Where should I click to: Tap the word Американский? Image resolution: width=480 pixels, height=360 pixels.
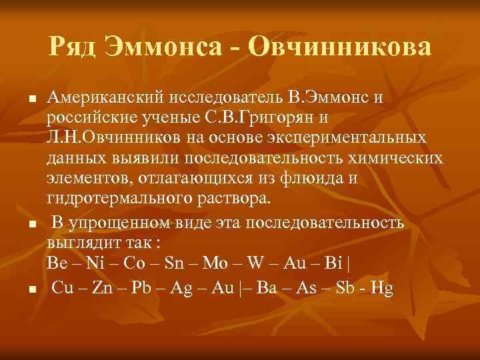105,98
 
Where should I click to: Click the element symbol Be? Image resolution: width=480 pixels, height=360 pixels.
57,263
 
